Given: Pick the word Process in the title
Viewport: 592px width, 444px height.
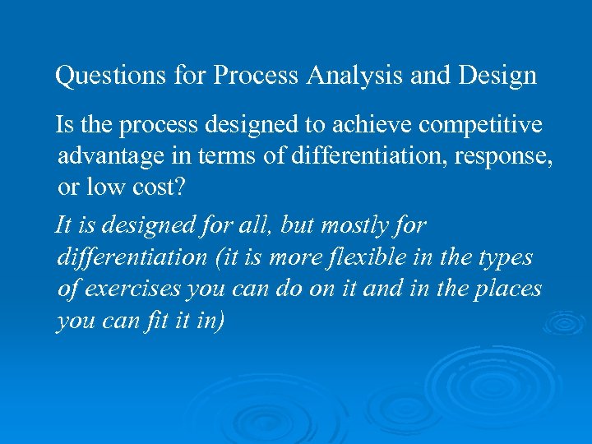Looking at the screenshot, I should point(257,76).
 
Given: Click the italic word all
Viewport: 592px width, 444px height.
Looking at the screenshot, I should point(257,225).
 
